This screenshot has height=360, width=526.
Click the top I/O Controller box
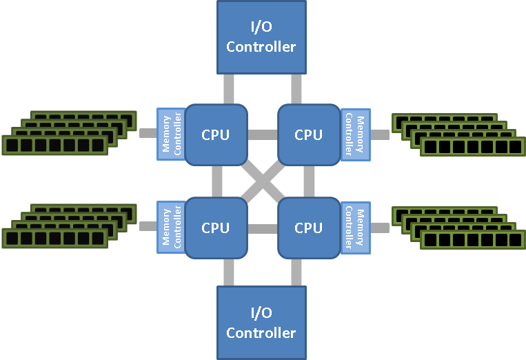tap(261, 37)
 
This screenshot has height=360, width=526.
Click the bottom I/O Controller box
tap(261, 323)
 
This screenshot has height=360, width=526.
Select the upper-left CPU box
tap(216, 134)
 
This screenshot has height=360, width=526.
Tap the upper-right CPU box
tap(308, 134)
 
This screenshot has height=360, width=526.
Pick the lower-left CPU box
tap(216, 227)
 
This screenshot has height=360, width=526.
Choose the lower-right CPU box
tap(308, 227)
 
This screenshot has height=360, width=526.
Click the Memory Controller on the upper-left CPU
tap(171, 134)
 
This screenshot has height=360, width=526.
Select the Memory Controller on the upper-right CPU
tap(355, 134)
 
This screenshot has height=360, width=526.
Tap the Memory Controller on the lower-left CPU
tap(171, 227)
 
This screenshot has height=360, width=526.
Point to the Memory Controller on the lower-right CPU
tap(355, 227)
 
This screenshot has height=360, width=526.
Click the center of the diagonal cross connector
tap(262, 181)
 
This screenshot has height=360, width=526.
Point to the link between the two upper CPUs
tap(262, 134)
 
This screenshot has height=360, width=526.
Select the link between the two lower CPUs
tap(262, 228)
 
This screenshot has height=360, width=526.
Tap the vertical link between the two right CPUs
tap(308, 181)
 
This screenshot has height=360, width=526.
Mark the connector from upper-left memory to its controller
tap(148, 133)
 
